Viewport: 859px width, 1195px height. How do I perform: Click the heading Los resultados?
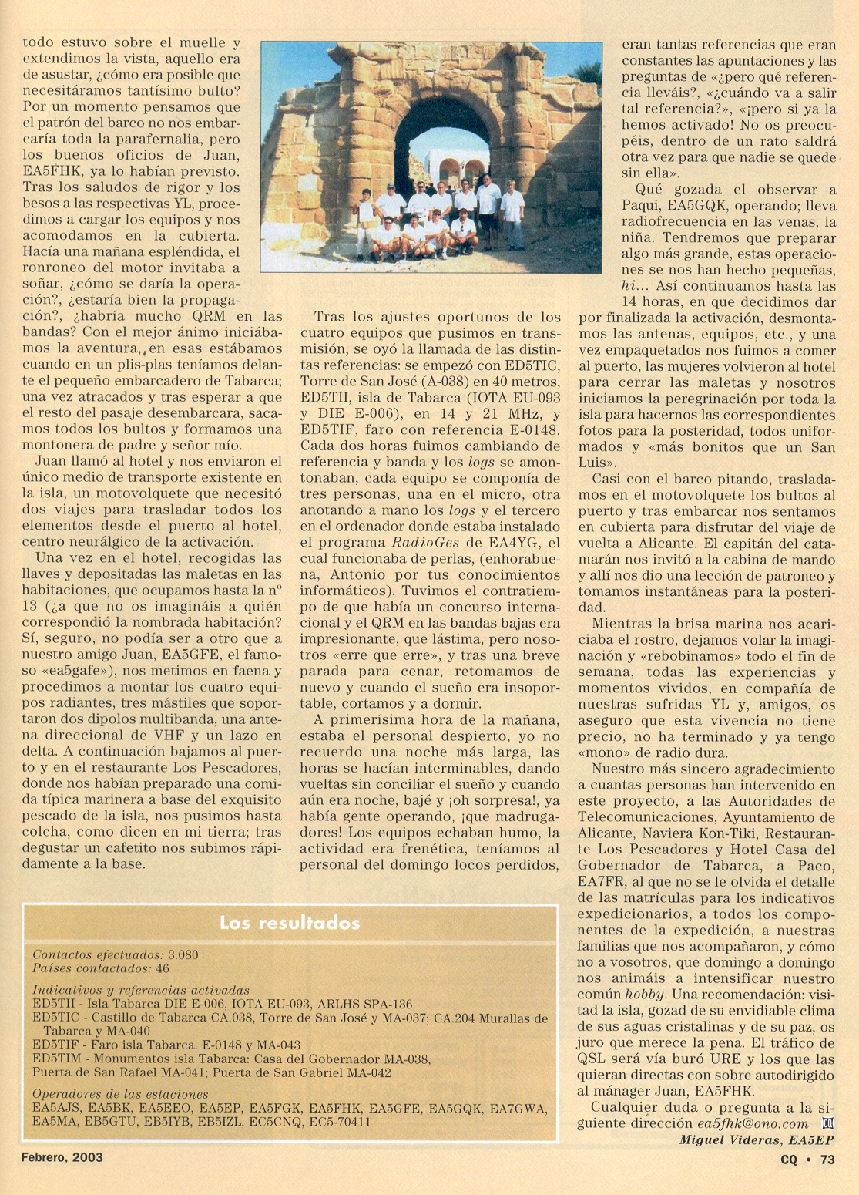[x=290, y=923]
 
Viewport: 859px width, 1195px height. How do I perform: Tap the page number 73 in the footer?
[x=827, y=1159]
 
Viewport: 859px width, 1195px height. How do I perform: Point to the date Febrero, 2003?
[x=62, y=1157]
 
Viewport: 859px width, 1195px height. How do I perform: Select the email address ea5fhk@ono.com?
[x=753, y=1124]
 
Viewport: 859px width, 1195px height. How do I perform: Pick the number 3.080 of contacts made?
[x=183, y=955]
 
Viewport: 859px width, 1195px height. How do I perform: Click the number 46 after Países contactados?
[x=163, y=968]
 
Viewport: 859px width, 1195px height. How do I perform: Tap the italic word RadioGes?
[x=426, y=543]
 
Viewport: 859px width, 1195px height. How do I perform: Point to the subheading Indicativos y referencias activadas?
[x=141, y=991]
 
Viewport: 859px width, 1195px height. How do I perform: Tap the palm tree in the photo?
[x=589, y=76]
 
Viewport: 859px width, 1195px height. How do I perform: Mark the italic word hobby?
[x=643, y=995]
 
